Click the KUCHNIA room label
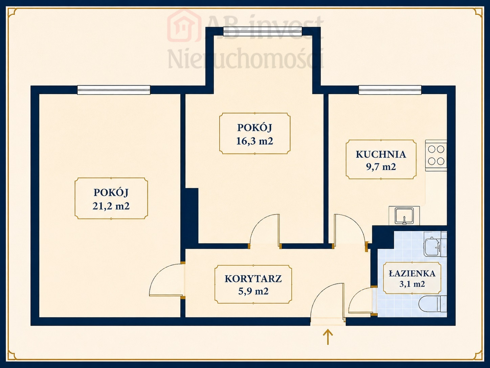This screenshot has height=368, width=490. point(381,155)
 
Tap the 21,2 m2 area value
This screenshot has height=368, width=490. point(111,206)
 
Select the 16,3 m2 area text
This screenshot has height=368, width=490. point(255,141)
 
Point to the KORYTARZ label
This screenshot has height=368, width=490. point(253,279)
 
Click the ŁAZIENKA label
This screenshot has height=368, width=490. point(412,273)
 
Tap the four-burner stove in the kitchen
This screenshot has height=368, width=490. point(436,156)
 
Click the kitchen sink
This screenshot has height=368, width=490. point(404,216)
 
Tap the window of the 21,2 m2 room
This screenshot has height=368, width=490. point(114,90)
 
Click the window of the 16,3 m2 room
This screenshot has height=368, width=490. point(263,31)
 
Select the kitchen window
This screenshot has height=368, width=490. point(390,90)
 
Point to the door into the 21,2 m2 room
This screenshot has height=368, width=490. point(166,280)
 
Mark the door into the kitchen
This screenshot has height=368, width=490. point(350,232)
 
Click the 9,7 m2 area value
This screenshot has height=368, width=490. point(381,167)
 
